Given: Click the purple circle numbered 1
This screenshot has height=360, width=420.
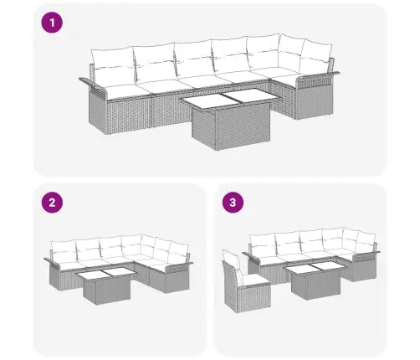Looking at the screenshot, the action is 52,23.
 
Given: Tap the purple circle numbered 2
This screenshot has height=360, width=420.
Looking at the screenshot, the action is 52,203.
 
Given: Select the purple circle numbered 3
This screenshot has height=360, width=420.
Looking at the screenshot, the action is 233,203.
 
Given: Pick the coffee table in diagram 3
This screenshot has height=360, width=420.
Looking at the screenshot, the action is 315,281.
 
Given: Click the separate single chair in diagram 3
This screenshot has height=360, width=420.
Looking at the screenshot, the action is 245,282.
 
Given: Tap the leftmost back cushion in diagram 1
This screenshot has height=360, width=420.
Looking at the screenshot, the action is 113,65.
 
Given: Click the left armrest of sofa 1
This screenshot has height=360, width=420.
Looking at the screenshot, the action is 94,85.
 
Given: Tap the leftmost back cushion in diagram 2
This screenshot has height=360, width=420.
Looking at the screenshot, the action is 64,251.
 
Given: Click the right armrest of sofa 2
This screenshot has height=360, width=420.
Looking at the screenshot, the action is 179,266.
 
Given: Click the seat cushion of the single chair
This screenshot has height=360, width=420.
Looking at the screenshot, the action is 254,279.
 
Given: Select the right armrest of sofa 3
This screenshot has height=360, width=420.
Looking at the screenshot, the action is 366,255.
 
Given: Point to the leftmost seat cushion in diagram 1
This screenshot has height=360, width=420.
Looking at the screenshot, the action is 123,90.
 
